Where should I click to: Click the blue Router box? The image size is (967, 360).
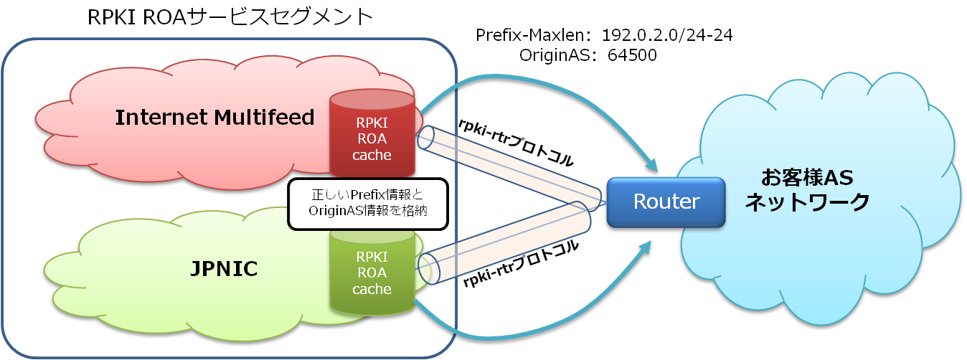(x=666, y=201)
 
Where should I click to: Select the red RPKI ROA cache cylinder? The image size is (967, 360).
(x=372, y=136)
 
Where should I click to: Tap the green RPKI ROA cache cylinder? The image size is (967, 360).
(x=372, y=273)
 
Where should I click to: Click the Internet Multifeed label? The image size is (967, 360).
(x=214, y=117)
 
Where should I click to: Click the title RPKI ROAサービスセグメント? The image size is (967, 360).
(x=230, y=16)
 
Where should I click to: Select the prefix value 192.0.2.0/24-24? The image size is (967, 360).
(x=667, y=36)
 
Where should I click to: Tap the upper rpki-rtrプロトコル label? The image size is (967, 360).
(x=516, y=143)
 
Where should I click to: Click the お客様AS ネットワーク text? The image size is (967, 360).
(x=806, y=190)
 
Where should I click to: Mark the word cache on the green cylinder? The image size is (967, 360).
(x=372, y=289)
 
